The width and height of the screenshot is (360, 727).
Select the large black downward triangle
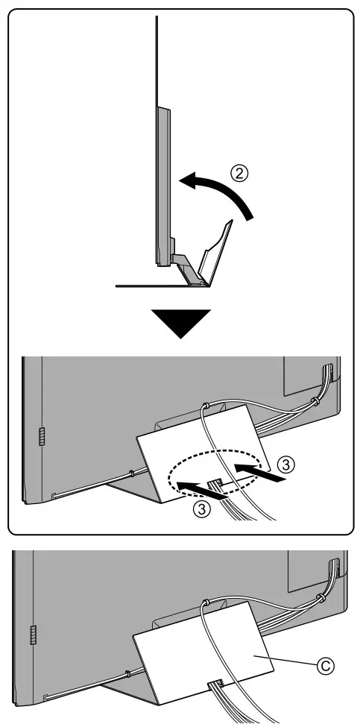[180, 324]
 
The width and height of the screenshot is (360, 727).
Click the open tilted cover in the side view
[215, 254]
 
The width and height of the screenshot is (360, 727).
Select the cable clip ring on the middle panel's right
[316, 402]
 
